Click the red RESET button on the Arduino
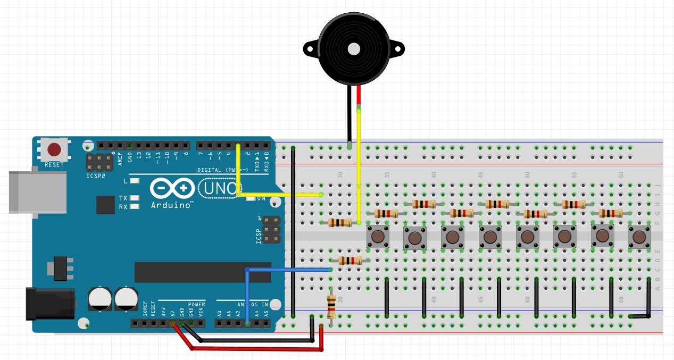(54, 149)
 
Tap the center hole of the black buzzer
(354, 49)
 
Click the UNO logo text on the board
(219, 188)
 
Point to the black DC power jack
(50, 303)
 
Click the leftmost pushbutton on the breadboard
(378, 236)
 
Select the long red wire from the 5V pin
(255, 349)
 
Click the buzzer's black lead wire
(349, 114)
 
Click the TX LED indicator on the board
(135, 198)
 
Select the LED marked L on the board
(135, 181)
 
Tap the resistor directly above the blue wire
(350, 261)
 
